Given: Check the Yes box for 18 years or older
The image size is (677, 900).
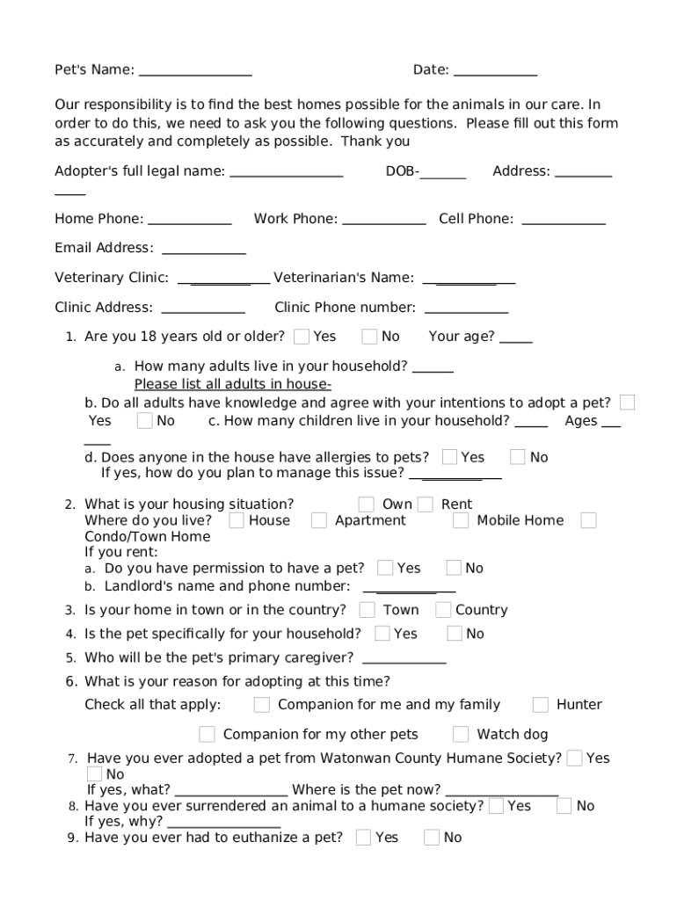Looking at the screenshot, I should (x=302, y=337).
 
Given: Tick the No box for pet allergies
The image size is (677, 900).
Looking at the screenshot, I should (x=518, y=457).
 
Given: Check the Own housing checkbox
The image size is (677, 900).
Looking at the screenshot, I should (x=367, y=504).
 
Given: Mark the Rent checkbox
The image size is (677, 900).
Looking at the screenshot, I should (x=426, y=504).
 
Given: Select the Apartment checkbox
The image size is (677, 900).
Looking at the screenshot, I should (x=319, y=520).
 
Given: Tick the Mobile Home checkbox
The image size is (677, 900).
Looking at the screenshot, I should (x=461, y=520).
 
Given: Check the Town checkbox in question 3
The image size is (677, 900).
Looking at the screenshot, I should (x=368, y=610).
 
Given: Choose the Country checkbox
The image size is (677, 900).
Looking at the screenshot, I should (x=443, y=610).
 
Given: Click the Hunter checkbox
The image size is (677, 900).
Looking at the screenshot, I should (x=541, y=705).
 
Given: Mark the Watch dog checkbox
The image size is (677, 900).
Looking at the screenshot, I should (x=461, y=735).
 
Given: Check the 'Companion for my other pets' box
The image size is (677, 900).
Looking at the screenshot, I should (x=207, y=735).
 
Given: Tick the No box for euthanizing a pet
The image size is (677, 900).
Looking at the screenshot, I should (x=432, y=838).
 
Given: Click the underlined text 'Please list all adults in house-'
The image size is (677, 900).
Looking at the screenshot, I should (x=232, y=384).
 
